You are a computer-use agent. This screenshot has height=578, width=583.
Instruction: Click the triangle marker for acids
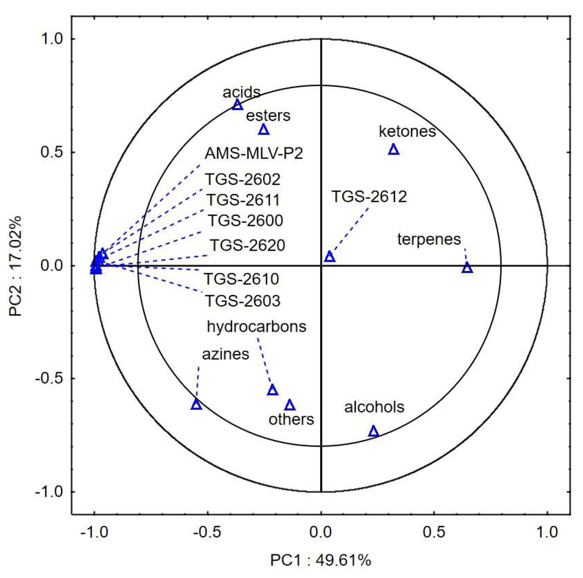click(x=237, y=105)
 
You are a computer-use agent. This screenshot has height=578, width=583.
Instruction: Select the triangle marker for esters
click(x=264, y=130)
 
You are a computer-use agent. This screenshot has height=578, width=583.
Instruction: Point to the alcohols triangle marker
click(x=374, y=432)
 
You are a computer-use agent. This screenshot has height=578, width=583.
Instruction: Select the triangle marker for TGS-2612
click(x=330, y=257)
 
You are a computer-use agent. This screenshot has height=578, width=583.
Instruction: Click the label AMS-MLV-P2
click(x=254, y=154)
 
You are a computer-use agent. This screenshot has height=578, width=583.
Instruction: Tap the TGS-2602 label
click(x=243, y=179)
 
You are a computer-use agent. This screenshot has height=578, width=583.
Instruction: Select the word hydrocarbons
click(x=256, y=327)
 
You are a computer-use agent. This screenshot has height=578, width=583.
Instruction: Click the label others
click(x=291, y=420)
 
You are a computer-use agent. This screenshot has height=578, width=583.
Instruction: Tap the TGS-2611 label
click(x=243, y=200)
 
